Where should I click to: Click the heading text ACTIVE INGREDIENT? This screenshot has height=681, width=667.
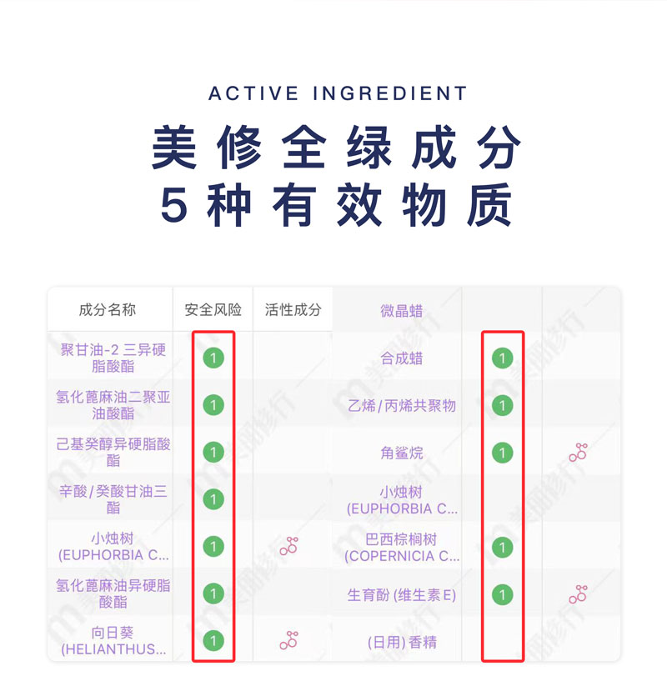pos(338,93)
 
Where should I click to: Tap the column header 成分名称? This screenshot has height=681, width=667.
pos(108,310)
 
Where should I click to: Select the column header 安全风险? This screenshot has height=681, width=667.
pos(213,310)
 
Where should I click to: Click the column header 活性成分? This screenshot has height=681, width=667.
pos(293,310)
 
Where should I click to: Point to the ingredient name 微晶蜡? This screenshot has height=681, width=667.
pos(402,311)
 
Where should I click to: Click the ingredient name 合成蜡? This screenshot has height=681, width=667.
pos(402,358)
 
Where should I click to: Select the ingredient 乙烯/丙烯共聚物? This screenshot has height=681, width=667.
pos(402,406)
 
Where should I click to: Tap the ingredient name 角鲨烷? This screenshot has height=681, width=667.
pos(402,453)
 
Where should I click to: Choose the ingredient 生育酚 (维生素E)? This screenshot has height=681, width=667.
pos(402,595)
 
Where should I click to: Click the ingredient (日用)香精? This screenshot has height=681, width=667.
pos(402,642)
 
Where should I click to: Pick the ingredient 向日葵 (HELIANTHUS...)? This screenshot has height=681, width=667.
pos(113,641)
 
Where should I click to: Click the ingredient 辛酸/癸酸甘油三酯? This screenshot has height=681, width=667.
pos(113,498)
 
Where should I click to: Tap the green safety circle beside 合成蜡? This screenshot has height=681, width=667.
pos(502,358)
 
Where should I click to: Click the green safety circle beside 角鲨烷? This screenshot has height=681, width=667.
pos(502,453)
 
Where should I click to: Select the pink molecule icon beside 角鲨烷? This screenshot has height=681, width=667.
pos(578,453)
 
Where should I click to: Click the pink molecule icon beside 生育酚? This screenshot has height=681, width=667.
pos(578,594)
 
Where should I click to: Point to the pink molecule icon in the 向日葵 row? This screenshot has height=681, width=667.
pos(289,640)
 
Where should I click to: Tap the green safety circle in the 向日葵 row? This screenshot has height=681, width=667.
pos(213,640)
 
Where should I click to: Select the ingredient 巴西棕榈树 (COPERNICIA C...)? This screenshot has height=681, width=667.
pos(402,548)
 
